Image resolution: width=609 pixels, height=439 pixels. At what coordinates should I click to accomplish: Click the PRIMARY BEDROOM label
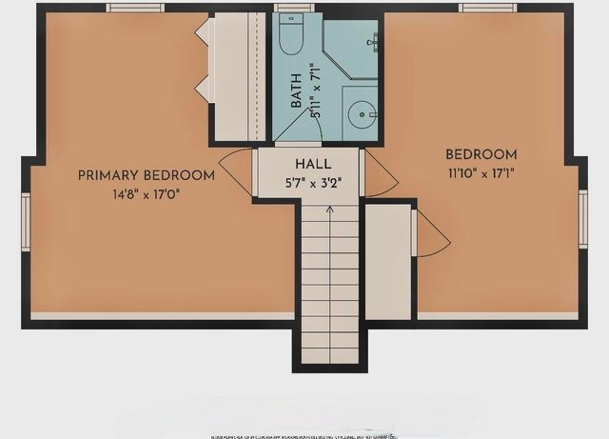(x=146, y=175)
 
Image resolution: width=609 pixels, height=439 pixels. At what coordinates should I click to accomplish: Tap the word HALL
(x=313, y=164)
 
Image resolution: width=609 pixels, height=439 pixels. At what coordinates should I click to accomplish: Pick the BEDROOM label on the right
(x=481, y=154)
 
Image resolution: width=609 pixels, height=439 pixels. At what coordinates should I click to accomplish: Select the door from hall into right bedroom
(x=375, y=175)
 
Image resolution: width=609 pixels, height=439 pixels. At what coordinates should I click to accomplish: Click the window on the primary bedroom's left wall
(x=26, y=222)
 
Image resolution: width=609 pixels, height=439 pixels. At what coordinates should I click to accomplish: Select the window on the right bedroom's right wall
(x=583, y=218)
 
